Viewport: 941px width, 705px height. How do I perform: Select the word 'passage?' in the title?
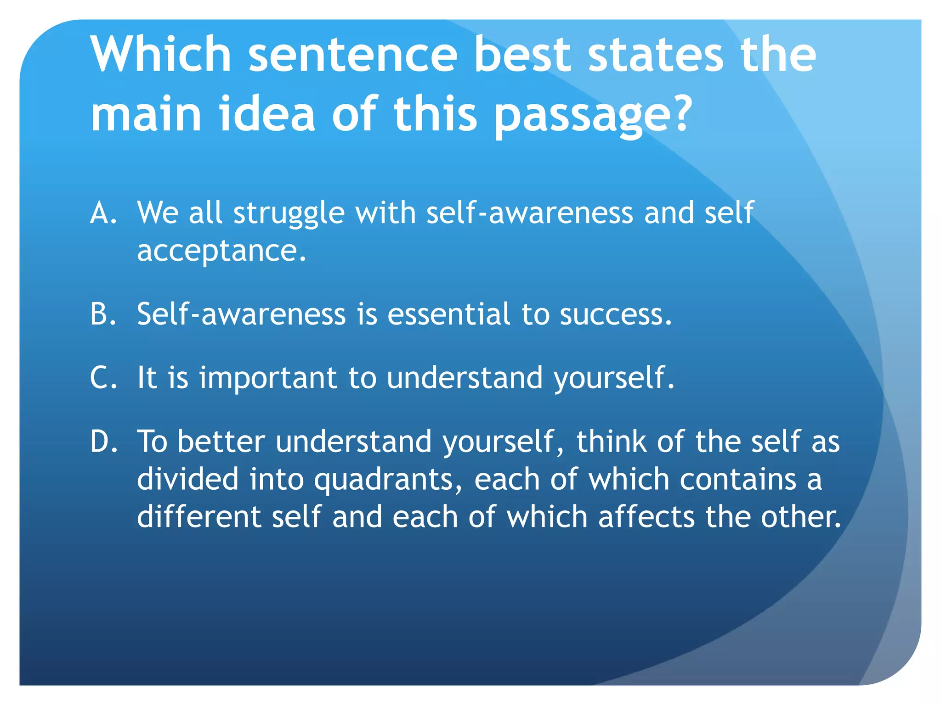(593, 115)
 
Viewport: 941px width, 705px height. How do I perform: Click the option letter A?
(103, 213)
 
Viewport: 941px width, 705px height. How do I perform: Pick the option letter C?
(103, 378)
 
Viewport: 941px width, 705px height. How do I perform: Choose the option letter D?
(104, 442)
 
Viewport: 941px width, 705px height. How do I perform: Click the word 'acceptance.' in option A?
(221, 252)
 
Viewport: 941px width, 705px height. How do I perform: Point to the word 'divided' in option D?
(188, 479)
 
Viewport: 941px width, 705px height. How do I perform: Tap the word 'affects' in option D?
(646, 517)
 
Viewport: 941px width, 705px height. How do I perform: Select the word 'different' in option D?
(198, 517)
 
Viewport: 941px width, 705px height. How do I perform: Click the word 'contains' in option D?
(738, 479)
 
